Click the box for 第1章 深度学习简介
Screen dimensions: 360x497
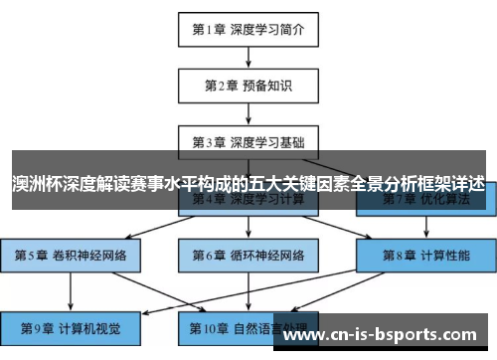tap(248, 29)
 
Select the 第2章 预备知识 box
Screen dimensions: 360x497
tap(248, 86)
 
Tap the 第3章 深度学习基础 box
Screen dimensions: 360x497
tap(248, 142)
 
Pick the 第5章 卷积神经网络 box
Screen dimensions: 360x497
tap(71, 254)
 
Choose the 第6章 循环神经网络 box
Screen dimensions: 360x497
tap(248, 254)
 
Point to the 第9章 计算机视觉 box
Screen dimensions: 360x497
tap(71, 325)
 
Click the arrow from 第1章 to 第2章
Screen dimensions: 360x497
tap(248, 57)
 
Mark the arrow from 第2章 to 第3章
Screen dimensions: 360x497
tap(248, 113)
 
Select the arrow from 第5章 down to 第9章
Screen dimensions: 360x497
tap(71, 289)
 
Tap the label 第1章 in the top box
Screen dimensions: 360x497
tap(208, 29)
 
